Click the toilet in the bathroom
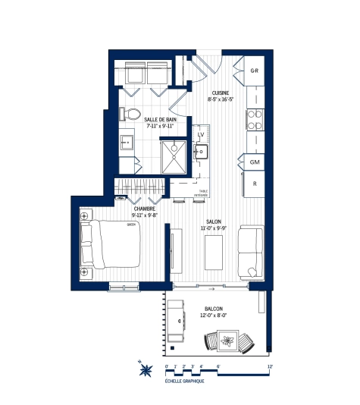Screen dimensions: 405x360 [x=133, y=114]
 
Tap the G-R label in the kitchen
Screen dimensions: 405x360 [x=255, y=71]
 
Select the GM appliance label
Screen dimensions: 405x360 [x=255, y=162]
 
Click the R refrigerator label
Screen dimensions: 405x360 [x=255, y=184]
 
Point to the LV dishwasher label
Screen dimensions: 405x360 [x=202, y=134]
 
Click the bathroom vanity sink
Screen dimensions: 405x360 [x=127, y=142]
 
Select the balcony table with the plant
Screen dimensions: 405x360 [x=228, y=339]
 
